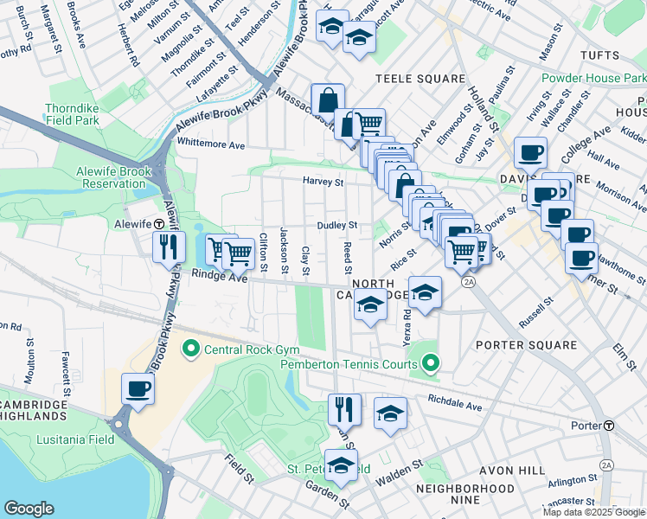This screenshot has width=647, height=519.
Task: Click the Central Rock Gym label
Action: click(251, 349)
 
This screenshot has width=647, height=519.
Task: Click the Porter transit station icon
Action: click(610, 426)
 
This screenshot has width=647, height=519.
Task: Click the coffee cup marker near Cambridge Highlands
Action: click(138, 388)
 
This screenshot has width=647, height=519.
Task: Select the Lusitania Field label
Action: click(75, 439)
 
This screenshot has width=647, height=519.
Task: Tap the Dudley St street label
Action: click(337, 225)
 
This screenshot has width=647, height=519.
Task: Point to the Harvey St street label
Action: click(323, 183)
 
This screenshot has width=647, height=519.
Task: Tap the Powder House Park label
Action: click(593, 78)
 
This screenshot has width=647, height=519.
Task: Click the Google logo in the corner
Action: click(29, 509)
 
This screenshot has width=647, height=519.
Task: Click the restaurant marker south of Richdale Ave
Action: click(344, 409)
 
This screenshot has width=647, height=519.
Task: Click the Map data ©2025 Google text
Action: click(593, 512)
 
